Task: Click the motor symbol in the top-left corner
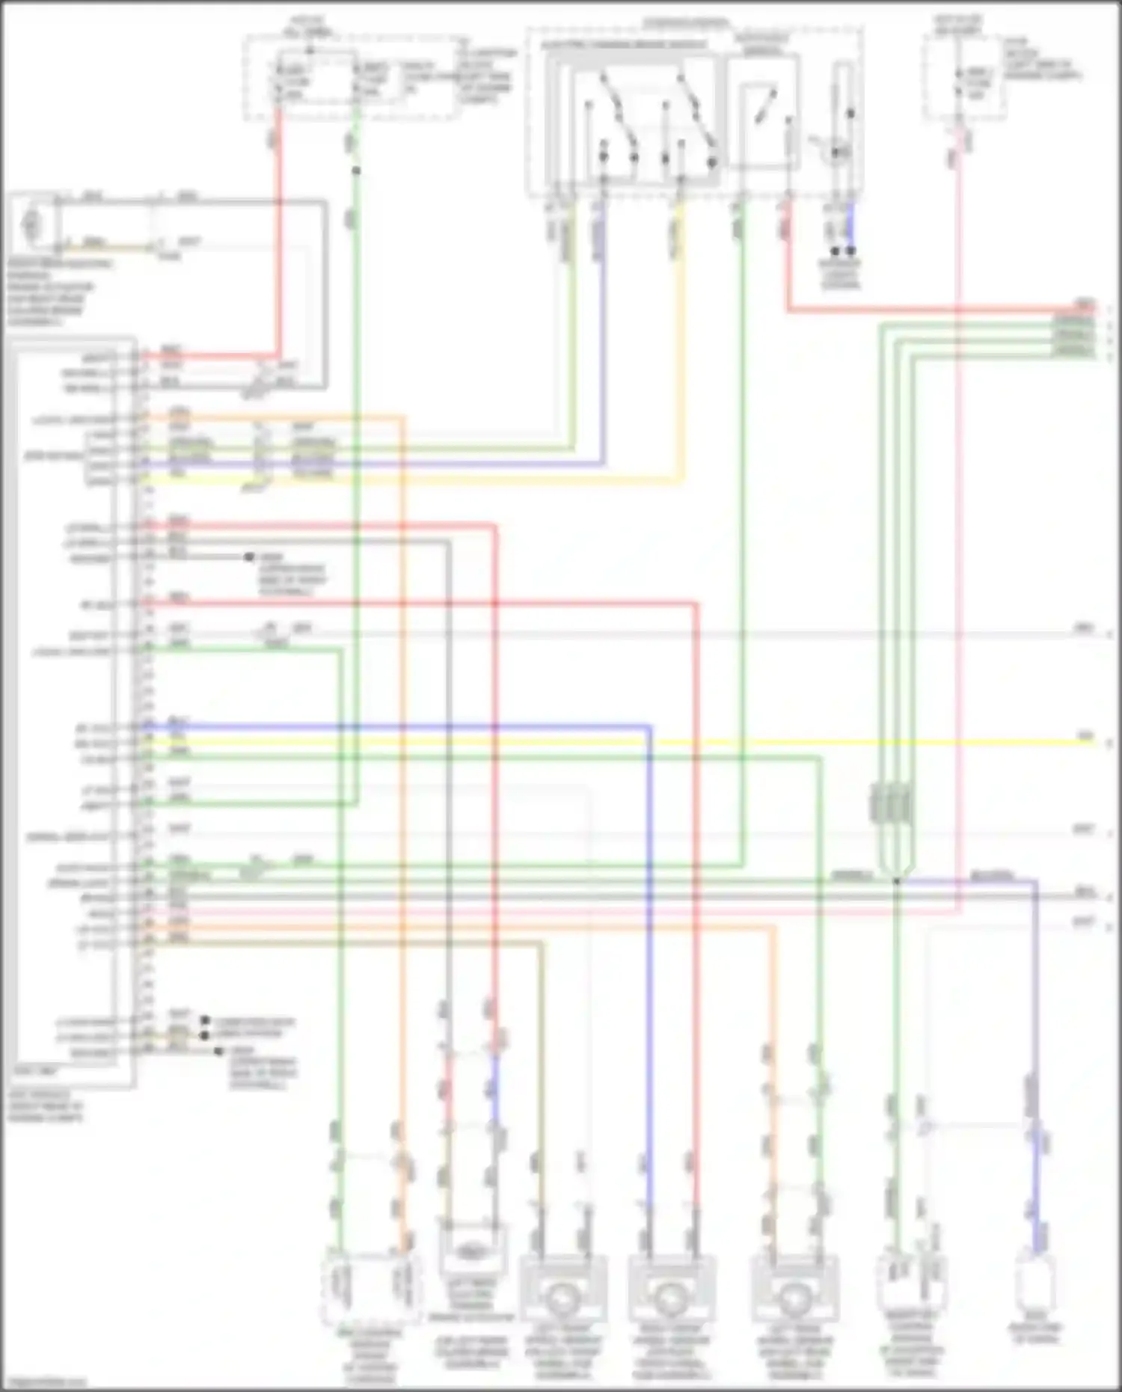tap(31, 223)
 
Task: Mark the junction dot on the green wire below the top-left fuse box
tap(356, 171)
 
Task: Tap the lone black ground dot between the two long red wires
tap(249, 557)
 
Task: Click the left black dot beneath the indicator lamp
tap(835, 251)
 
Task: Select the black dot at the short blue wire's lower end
tap(850, 251)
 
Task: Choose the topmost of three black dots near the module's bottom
tap(204, 1020)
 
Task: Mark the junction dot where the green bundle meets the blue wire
tap(896, 881)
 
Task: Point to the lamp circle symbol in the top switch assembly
tap(839, 152)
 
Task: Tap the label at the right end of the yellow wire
tap(1085, 737)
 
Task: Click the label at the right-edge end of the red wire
tap(1084, 304)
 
